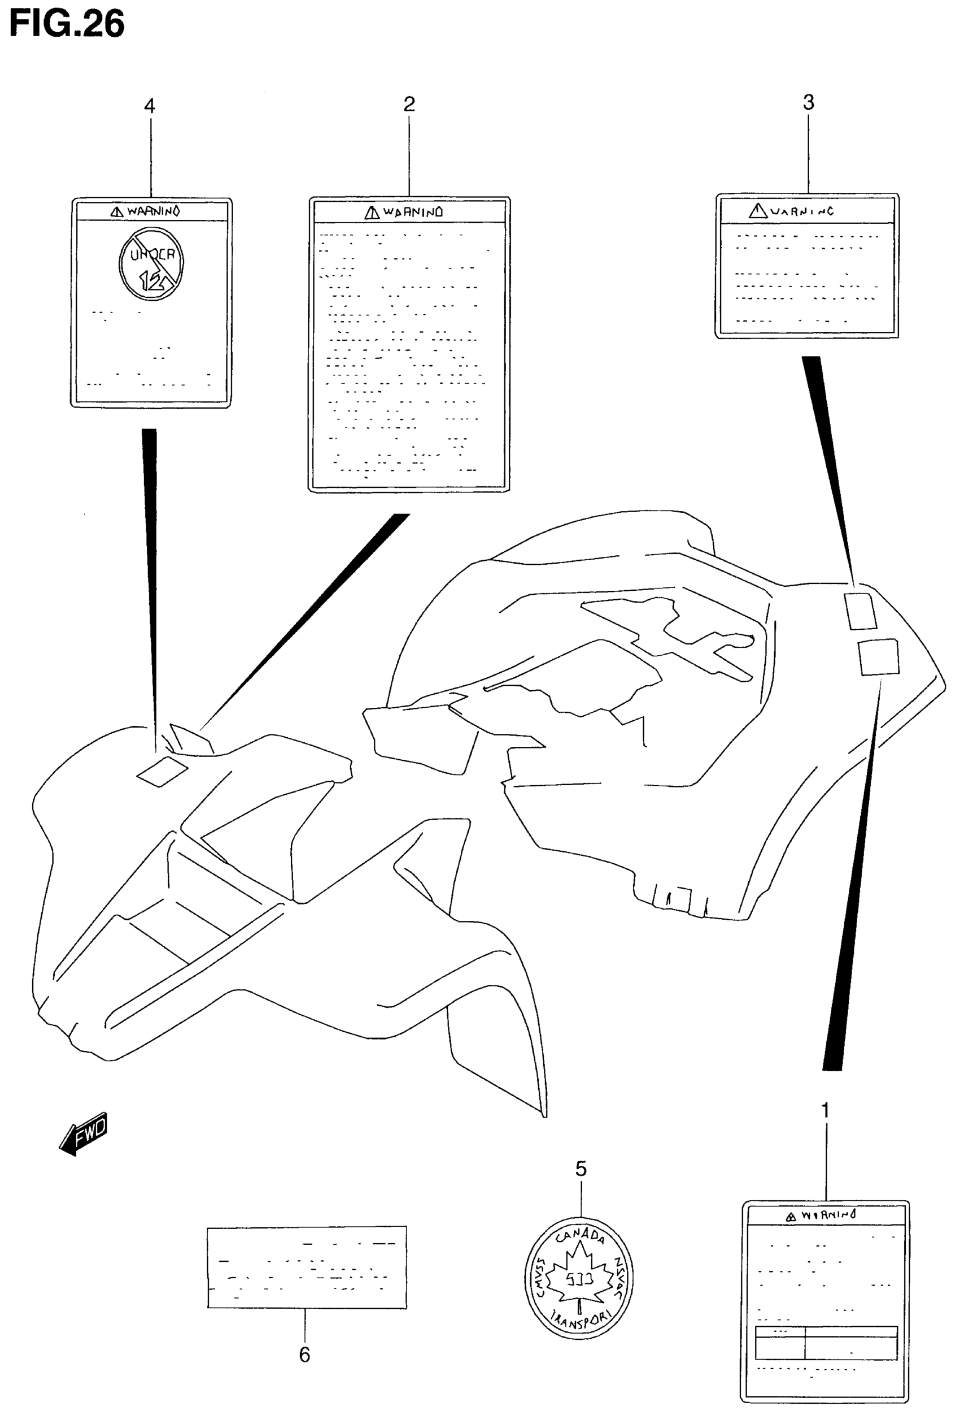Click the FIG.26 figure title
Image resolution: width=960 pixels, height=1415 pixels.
coord(67,24)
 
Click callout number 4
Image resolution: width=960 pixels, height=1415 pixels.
coord(150,106)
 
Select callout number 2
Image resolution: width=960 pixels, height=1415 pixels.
coord(409,105)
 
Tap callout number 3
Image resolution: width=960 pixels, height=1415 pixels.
coord(808,102)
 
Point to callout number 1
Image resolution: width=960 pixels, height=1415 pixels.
coord(826,1110)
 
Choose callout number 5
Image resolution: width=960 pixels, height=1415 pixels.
coord(581,1169)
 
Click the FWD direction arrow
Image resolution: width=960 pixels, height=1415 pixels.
coord(84,1133)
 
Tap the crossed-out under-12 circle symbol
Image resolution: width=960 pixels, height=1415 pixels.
coord(151,263)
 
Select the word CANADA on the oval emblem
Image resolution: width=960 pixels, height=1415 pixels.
coord(580,1236)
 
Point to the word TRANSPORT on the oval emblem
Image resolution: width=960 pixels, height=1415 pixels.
coord(579,1323)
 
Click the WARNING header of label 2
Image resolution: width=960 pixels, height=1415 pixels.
coord(404,212)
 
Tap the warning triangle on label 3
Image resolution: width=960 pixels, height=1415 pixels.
coord(757,211)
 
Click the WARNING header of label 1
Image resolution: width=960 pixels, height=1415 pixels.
coord(821,1216)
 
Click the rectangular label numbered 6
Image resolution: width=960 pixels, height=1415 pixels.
coord(307,1267)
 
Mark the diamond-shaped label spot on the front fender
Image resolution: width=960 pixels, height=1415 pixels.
coord(162,771)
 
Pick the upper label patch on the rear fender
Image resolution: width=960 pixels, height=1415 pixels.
coord(860,611)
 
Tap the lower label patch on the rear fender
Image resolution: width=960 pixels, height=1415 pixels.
coord(878,656)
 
